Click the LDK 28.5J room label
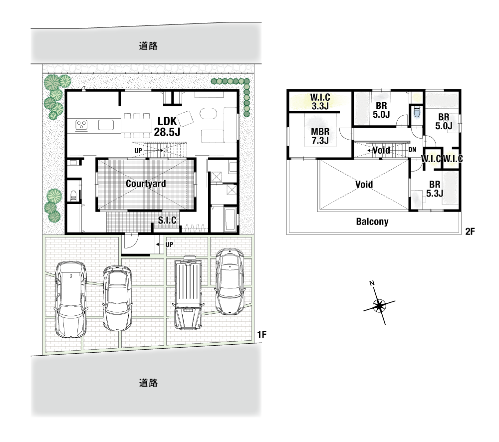[167, 126]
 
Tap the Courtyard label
[146, 184]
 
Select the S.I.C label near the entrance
[167, 220]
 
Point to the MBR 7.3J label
[320, 136]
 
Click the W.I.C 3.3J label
[320, 101]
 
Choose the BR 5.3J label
[435, 189]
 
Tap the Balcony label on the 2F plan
[372, 221]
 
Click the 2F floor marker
[470, 231]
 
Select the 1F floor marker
[261, 334]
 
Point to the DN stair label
[412, 150]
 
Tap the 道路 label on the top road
[148, 46]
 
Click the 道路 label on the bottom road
[148, 383]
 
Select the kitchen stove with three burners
[81, 125]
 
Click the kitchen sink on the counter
[106, 125]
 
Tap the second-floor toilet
[416, 112]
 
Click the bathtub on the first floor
[230, 220]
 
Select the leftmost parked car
[71, 299]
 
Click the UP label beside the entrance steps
[169, 244]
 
